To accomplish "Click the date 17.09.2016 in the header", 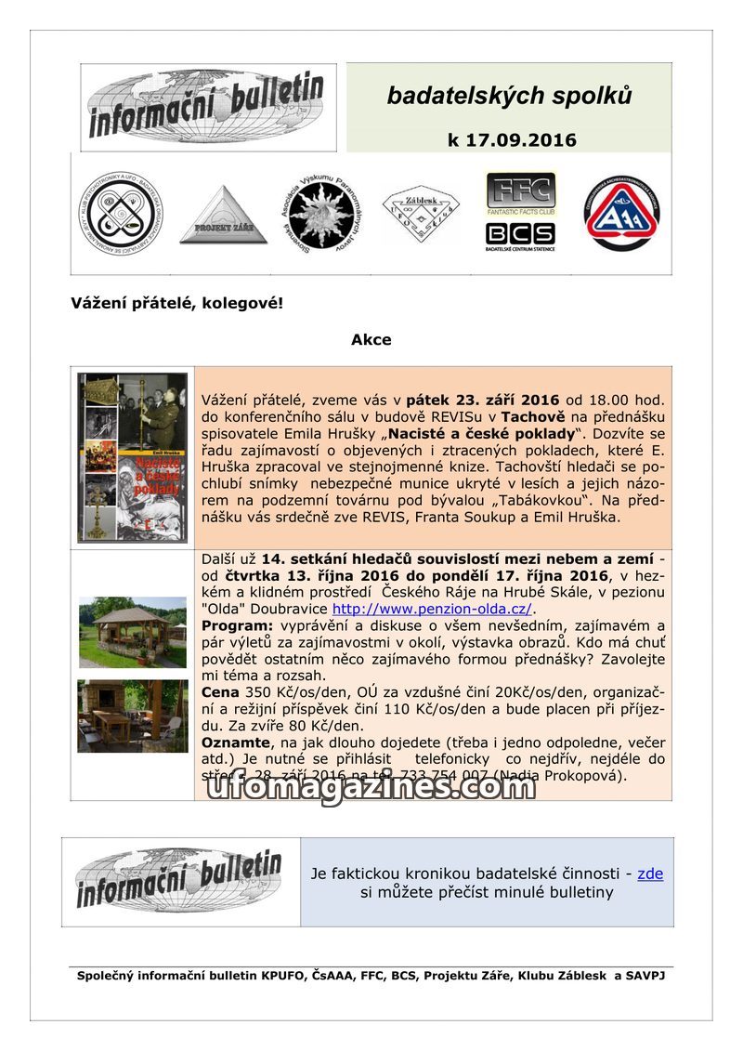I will pyautogui.click(x=512, y=140).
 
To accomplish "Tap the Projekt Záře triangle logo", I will pyautogui.click(x=223, y=216).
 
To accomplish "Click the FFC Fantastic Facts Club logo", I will pyautogui.click(x=520, y=193).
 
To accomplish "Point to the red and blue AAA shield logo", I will pyautogui.click(x=621, y=215).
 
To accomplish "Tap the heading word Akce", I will pyautogui.click(x=371, y=339).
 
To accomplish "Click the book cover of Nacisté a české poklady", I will pyautogui.click(x=132, y=457).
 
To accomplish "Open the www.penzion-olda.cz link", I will pyautogui.click(x=432, y=609).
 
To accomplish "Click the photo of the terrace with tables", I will pyautogui.click(x=132, y=716).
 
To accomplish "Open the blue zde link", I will pyautogui.click(x=650, y=874).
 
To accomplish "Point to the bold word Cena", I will pyautogui.click(x=220, y=693).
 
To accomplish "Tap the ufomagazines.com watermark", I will pyautogui.click(x=370, y=787).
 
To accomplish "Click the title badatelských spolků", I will pyautogui.click(x=509, y=96).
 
